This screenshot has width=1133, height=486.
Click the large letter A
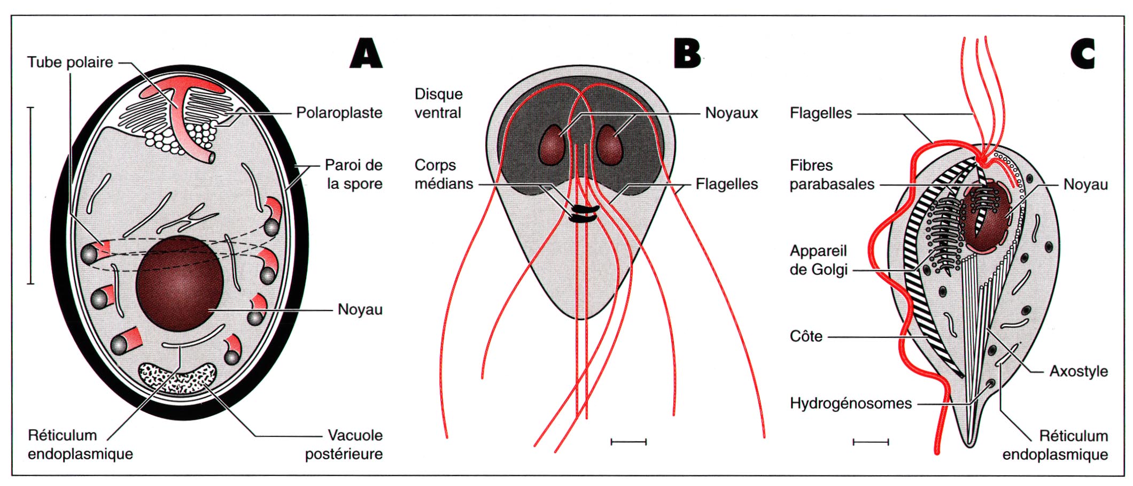[367, 53]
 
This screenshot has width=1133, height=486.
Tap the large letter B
[687, 53]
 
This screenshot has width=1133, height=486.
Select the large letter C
[1083, 53]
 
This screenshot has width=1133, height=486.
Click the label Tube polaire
[70, 62]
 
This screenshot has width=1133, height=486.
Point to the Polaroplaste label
[339, 113]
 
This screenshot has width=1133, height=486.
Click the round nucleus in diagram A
[180, 283]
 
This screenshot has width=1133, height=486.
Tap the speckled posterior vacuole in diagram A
[178, 377]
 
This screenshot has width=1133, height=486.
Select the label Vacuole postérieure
[344, 444]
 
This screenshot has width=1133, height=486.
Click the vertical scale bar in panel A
[30, 195]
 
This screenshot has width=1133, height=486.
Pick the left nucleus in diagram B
[552, 145]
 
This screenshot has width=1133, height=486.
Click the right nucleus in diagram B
[610, 144]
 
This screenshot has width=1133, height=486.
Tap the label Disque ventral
[438, 103]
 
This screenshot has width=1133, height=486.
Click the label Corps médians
[444, 174]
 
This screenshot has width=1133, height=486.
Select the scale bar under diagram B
[628, 442]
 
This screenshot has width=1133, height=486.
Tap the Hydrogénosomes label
[850, 403]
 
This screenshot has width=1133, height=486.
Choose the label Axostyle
[1078, 371]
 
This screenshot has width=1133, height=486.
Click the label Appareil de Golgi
[818, 260]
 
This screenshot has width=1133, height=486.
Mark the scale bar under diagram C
[871, 442]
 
